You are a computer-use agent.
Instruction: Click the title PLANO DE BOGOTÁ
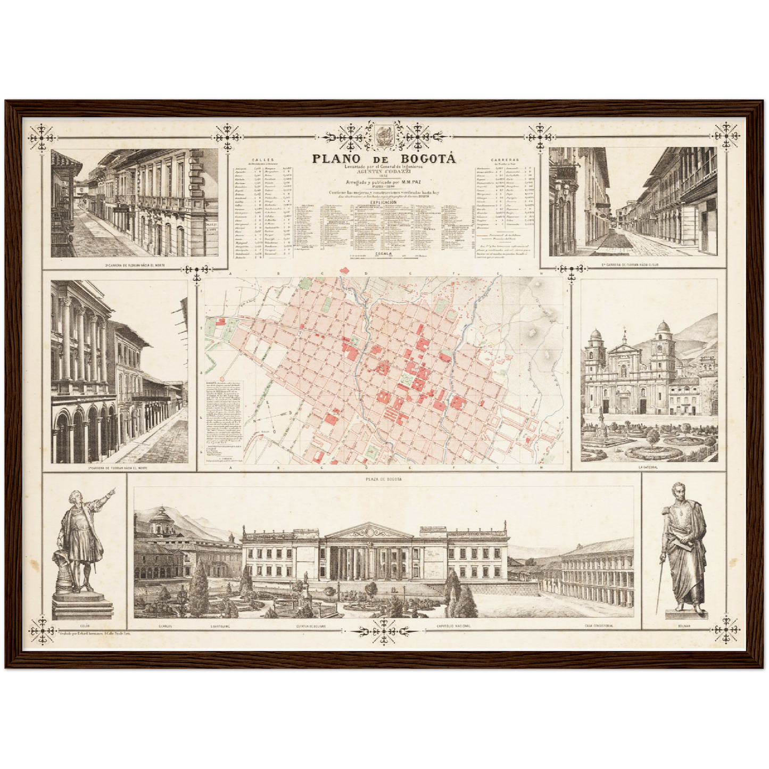384,158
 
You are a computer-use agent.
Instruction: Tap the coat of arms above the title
384,135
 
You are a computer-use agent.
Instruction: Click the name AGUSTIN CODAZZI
384,172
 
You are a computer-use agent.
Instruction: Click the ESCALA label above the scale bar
383,254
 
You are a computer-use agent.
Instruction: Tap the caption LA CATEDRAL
648,467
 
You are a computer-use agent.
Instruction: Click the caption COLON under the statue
84,626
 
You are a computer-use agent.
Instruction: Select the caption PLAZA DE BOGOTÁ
384,479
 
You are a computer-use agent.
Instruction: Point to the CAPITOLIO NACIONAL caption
453,626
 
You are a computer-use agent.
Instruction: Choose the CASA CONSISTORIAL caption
599,626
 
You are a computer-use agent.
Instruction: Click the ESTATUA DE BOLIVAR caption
311,626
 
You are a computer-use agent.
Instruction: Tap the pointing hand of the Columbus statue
110,492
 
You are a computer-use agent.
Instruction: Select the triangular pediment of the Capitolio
368,531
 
